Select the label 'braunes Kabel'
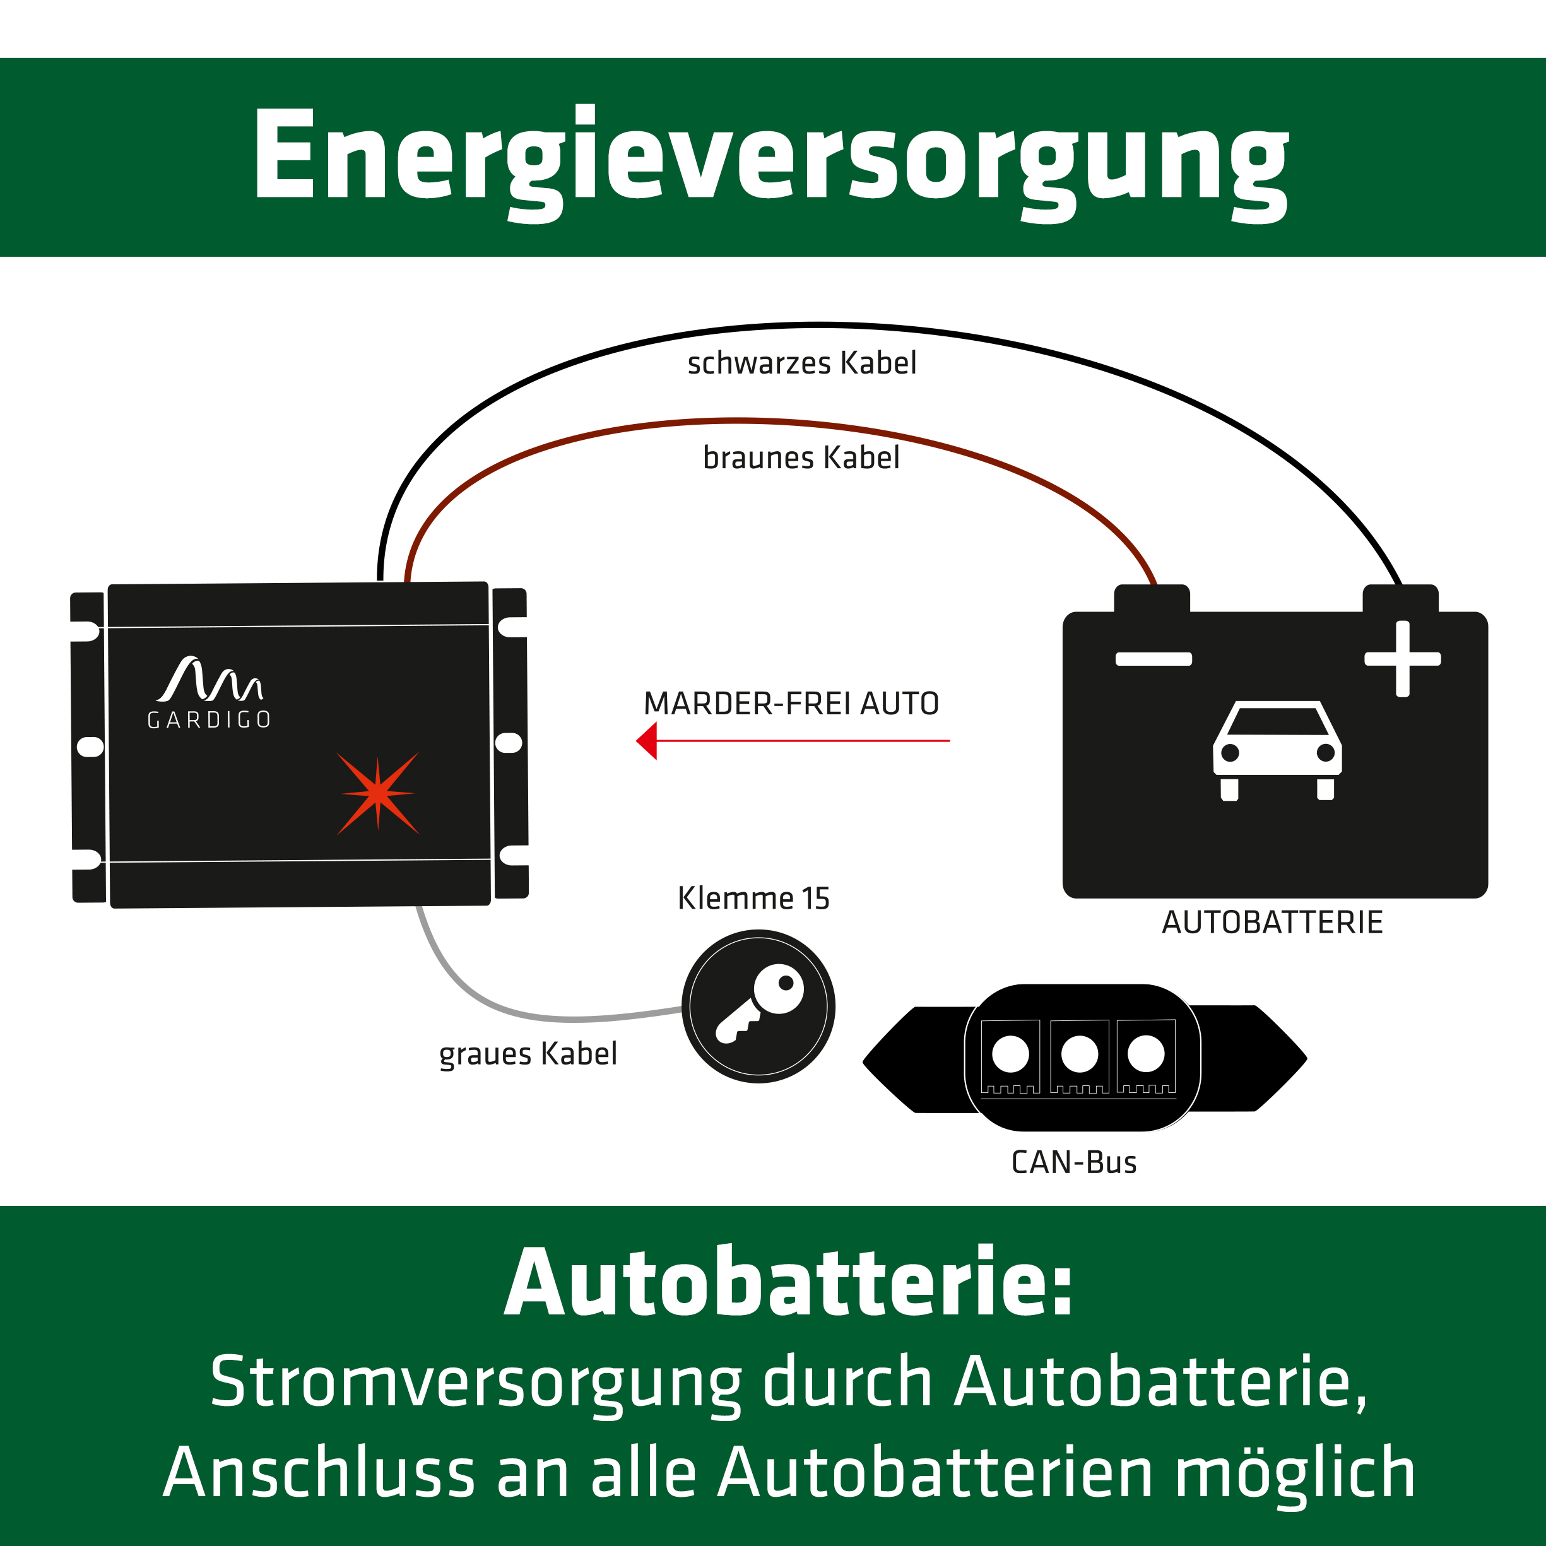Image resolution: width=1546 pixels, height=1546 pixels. point(801,457)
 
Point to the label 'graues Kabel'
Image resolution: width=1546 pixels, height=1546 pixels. point(528,1054)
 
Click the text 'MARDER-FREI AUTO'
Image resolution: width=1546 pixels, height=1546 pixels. point(791,704)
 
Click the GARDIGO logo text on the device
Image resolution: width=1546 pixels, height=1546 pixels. point(209,720)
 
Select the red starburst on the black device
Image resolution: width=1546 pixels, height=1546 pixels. point(378,793)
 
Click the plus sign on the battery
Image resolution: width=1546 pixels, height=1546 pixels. point(1403,659)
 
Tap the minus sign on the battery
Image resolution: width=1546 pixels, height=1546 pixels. point(1153,659)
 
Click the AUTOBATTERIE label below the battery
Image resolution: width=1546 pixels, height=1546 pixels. point(1272,923)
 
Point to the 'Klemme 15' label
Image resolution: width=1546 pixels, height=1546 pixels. point(753,898)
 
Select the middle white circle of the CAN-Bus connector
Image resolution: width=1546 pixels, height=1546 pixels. point(1080,1054)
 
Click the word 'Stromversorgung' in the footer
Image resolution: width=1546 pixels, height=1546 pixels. point(475,1382)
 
